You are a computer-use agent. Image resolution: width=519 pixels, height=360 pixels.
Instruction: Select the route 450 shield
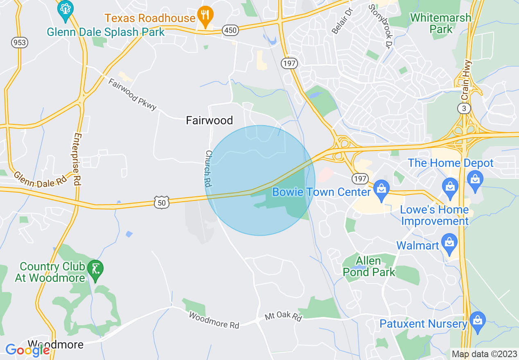230,30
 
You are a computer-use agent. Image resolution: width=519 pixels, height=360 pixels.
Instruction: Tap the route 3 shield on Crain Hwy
464,108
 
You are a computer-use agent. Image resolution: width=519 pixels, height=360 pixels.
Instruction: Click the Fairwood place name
209,120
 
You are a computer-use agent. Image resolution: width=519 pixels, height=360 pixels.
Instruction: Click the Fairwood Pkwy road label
133,94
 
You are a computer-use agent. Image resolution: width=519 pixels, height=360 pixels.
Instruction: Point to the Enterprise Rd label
77,159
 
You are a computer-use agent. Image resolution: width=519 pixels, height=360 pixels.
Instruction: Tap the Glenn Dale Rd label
40,179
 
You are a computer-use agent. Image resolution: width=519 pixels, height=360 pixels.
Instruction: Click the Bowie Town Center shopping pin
381,190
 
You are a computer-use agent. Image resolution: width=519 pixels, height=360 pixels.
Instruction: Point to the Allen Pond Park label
369,266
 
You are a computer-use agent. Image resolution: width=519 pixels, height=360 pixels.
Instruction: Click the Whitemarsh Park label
441,23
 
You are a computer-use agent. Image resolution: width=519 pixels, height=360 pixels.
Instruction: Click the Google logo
28,350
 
